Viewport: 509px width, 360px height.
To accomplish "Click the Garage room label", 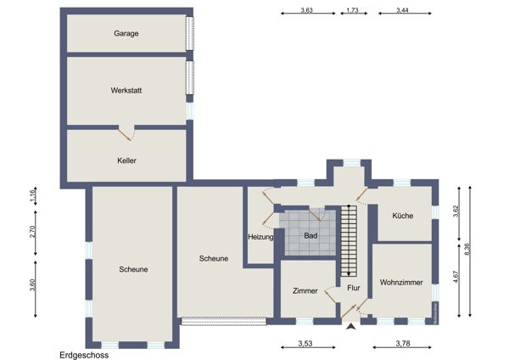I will point(126,33).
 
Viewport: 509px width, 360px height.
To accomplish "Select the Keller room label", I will point(127,160).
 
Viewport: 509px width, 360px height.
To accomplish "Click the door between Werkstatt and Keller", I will point(126,131).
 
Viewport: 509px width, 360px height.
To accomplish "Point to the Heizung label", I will point(260,237).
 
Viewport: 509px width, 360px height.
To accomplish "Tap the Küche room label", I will point(402,216).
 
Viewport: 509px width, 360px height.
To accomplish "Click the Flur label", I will point(353,288).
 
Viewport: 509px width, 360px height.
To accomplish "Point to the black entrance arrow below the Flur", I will point(349,328).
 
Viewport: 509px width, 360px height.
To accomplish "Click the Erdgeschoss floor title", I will point(84,355).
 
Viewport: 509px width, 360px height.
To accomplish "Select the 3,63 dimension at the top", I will point(307,10).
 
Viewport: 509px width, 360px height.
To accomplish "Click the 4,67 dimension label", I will point(456,279).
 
